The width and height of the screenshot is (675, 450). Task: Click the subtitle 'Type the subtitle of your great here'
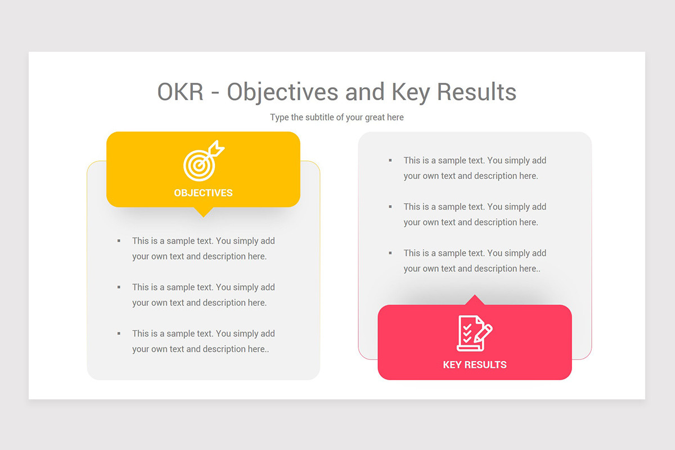(x=336, y=118)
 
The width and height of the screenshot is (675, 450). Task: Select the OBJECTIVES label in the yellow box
(x=203, y=193)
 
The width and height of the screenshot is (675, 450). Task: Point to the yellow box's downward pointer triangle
(x=203, y=212)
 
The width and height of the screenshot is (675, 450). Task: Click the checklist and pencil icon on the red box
(x=474, y=333)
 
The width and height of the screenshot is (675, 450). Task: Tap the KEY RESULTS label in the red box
(x=474, y=364)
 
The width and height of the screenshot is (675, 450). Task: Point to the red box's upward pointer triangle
(x=475, y=300)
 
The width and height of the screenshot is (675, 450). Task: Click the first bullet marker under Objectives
(x=119, y=241)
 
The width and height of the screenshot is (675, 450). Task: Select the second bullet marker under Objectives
(x=119, y=287)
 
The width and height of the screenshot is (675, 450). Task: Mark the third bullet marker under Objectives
(x=119, y=334)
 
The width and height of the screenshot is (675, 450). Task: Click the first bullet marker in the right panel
(x=390, y=160)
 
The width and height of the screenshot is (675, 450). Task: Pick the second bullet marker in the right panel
(x=390, y=206)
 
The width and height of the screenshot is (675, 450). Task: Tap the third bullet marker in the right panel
(x=390, y=253)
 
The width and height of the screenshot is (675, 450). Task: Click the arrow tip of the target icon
(x=217, y=150)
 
